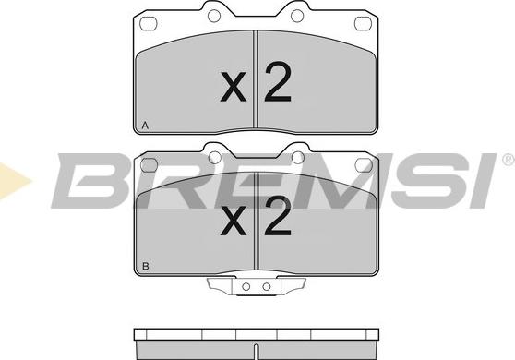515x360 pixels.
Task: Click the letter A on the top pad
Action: (145, 126)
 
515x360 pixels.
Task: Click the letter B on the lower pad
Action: (146, 267)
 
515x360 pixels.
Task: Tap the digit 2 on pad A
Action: (278, 81)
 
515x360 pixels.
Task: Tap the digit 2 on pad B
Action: (278, 216)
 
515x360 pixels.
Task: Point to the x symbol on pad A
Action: (234, 87)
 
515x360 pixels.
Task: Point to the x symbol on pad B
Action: (234, 221)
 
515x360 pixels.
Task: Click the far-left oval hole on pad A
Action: (149, 23)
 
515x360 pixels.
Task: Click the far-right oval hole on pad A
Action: (363, 23)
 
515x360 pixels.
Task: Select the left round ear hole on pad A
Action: (214, 16)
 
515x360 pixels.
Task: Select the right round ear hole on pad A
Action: (297, 16)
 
